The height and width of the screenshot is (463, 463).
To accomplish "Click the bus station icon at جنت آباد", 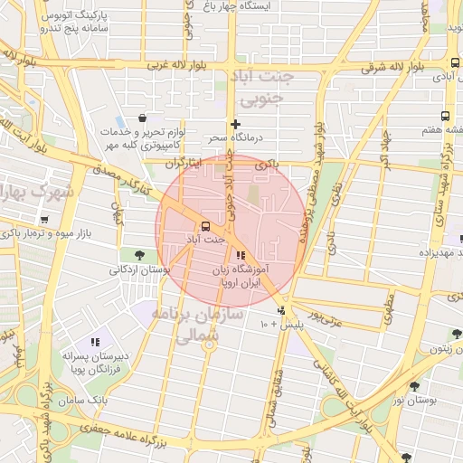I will coord(205,225).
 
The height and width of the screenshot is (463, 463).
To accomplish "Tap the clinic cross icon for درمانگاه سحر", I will coord(236,124).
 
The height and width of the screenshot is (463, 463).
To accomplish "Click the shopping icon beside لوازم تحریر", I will coord(142,118).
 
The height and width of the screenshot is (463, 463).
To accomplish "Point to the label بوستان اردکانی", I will coord(140,269).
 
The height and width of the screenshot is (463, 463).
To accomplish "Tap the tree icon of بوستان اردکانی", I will coord(139,254).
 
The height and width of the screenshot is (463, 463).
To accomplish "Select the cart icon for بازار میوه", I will coord(44,220).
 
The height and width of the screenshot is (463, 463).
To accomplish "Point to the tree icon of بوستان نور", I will coord(414,385).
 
